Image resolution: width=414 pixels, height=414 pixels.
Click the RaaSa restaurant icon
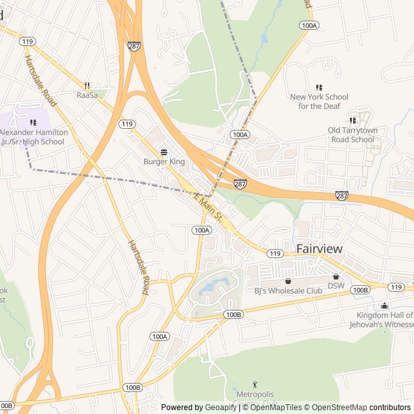[87, 85]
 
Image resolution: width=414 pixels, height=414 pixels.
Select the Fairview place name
[319, 249]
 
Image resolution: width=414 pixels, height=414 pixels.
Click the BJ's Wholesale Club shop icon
[288, 281]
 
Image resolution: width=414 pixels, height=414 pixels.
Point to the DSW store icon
[336, 276]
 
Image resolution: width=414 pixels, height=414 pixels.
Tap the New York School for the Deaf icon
[318, 87]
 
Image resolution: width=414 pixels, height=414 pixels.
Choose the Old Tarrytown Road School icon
[352, 120]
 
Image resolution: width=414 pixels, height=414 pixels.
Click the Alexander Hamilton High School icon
[33, 122]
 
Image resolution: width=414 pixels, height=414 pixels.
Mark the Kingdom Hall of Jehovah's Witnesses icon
[385, 306]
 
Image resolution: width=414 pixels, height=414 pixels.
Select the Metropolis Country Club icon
[255, 385]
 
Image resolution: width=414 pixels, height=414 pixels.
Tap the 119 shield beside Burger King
[127, 124]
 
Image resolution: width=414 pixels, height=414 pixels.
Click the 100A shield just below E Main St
[202, 230]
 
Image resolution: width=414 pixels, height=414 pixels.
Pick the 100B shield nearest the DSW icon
[360, 290]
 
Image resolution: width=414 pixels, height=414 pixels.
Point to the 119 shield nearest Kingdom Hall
[397, 287]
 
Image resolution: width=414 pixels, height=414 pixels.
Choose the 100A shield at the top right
[309, 25]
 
